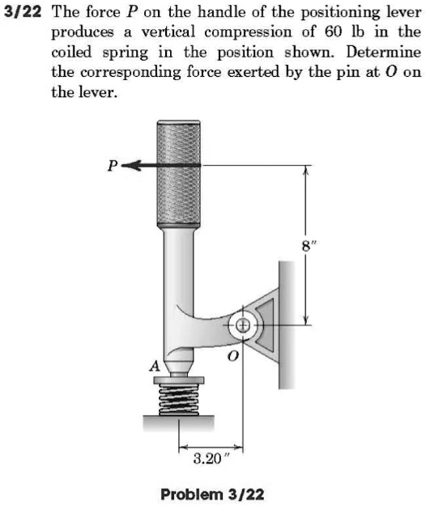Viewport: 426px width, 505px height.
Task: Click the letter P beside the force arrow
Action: (x=114, y=168)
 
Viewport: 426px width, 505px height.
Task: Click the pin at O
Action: (x=244, y=326)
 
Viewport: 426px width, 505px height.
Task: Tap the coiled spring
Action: (x=178, y=399)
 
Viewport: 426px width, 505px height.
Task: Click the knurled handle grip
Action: (x=178, y=174)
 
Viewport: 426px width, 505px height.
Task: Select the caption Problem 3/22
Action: (x=212, y=493)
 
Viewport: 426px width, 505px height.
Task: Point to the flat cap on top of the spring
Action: (x=178, y=379)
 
